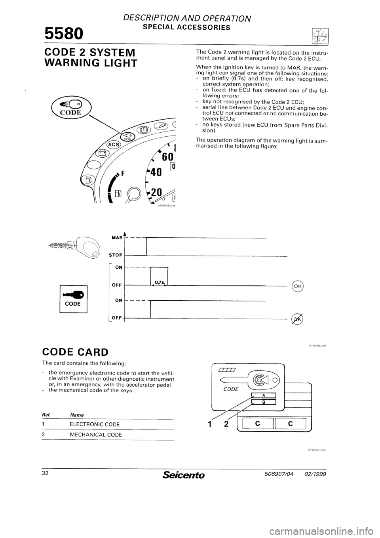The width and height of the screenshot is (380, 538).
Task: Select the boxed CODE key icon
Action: tap(73, 299)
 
